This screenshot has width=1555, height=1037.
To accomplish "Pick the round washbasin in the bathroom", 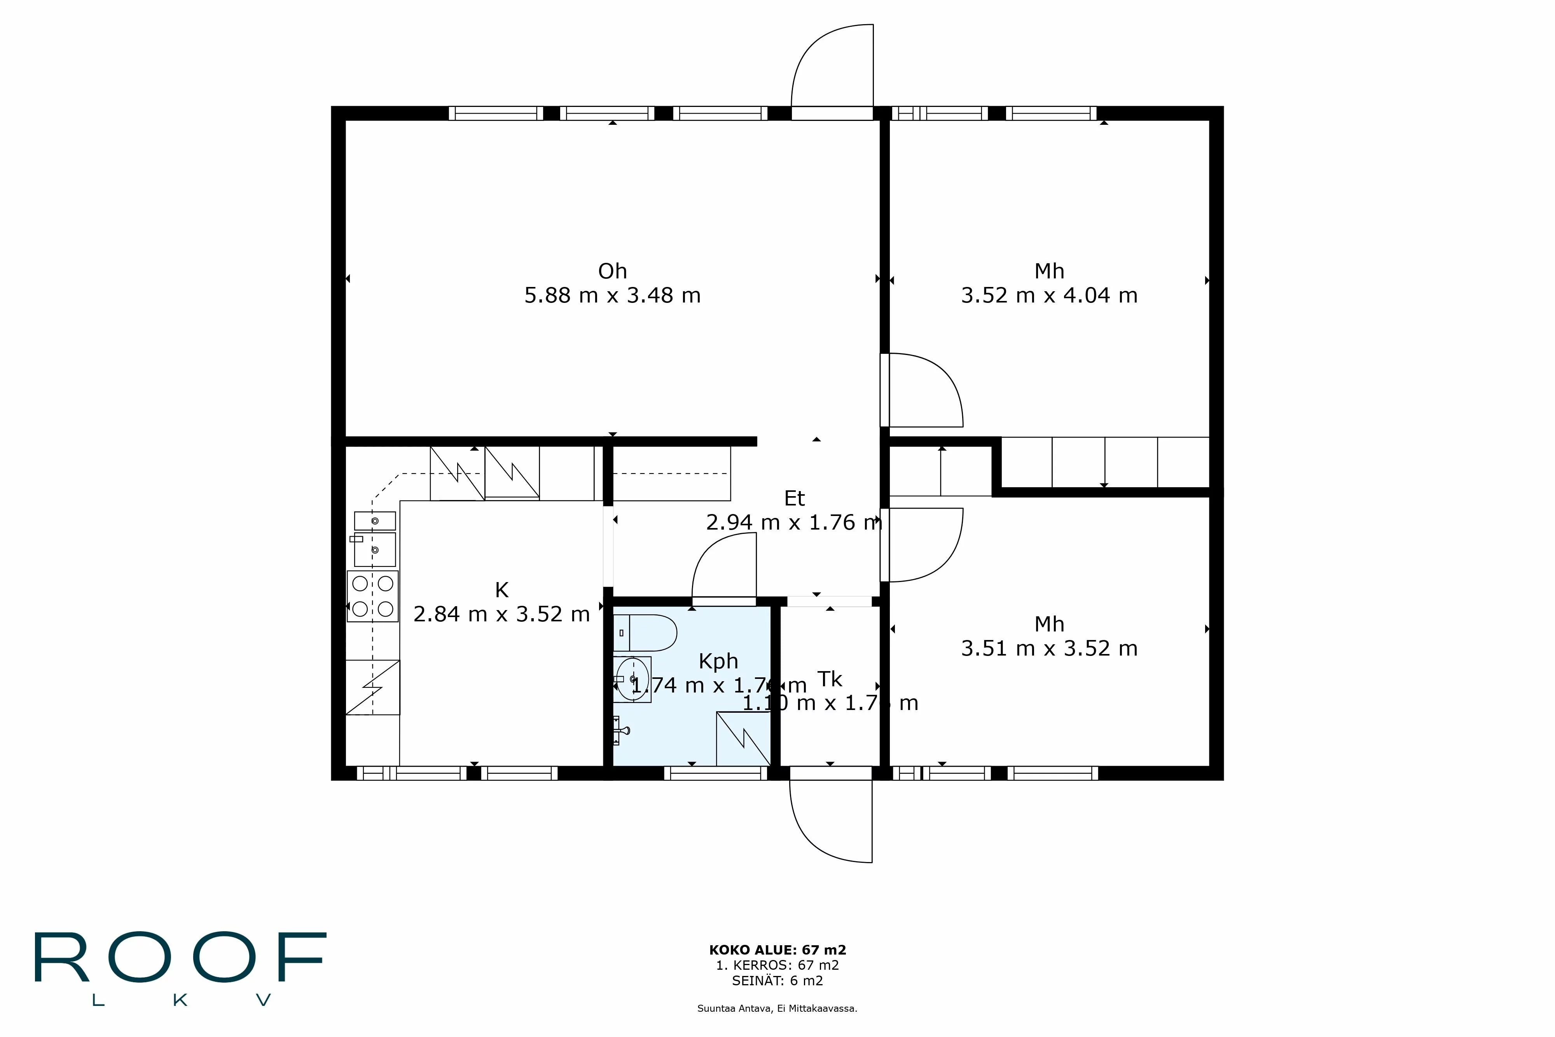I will pyautogui.click(x=632, y=679).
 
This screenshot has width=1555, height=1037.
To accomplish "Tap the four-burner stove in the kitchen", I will pyautogui.click(x=372, y=596).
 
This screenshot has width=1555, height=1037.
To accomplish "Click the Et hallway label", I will pyautogui.click(x=794, y=498).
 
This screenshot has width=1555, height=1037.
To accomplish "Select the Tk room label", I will pyautogui.click(x=830, y=679).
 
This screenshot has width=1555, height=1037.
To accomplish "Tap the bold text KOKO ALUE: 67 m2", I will pyautogui.click(x=777, y=950).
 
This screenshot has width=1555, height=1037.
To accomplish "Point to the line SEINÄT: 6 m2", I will pyautogui.click(x=777, y=981).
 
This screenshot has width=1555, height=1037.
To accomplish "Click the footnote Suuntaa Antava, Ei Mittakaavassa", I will pyautogui.click(x=777, y=1009).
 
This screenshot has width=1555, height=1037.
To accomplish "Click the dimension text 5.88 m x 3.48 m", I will pyautogui.click(x=612, y=295).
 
